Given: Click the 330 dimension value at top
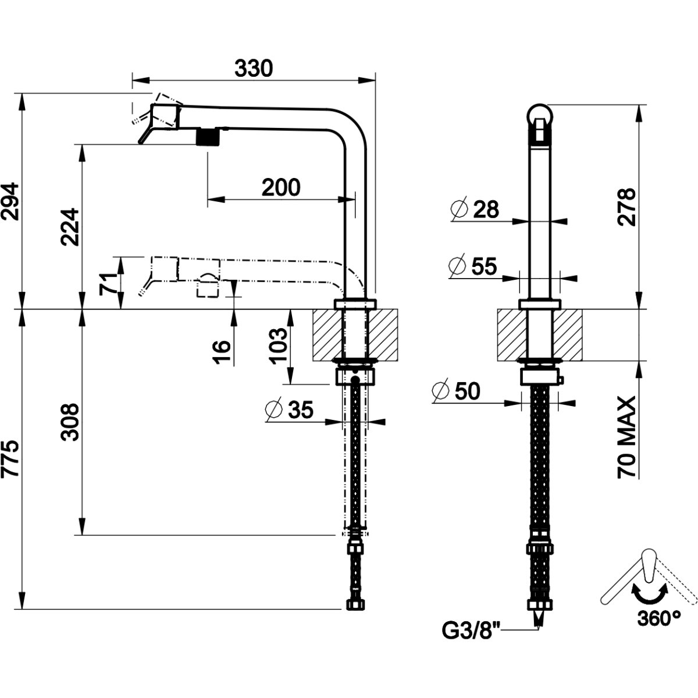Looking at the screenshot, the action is pos(253,69).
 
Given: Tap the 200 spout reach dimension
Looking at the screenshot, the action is pos(281,188).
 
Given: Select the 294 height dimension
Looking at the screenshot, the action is pos(10,201).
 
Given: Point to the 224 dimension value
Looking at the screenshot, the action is pos(70,227).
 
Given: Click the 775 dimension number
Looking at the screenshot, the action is pos(10,459).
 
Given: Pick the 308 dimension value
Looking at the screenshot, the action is pos(70,422).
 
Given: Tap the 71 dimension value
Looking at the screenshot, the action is pos(108,283).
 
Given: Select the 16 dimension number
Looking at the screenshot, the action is pos(221,352).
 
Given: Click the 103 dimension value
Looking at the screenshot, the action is pos(278,346).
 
